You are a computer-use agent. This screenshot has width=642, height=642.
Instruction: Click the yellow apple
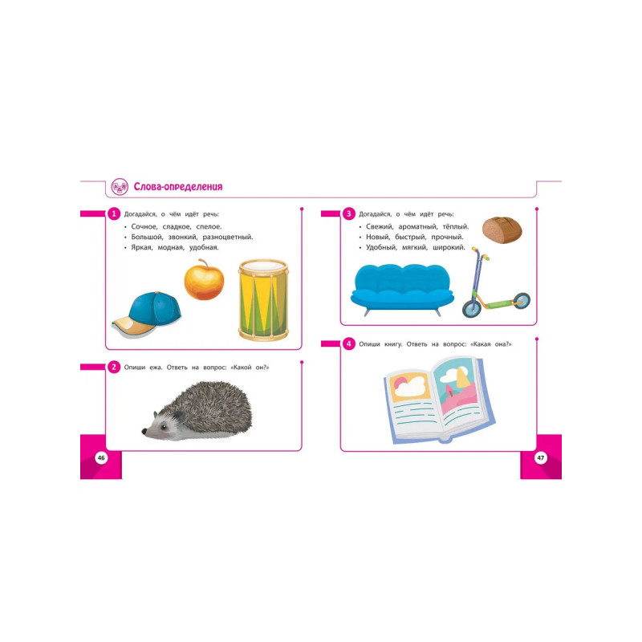coord(204,280)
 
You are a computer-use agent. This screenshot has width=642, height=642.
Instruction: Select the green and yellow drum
coord(264,300)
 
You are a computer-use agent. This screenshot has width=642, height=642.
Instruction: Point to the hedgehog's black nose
coord(144,431)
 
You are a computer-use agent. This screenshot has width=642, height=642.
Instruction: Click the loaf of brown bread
coord(502,230)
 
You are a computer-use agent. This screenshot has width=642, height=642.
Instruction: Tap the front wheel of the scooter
coord(471,308)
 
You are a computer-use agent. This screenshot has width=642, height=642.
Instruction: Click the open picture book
coord(439,399)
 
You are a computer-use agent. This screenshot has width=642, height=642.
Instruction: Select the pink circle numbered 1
coord(114,213)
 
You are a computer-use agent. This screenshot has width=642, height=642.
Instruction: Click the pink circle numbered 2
coord(114,367)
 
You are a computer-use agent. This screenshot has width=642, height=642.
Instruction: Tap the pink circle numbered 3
coord(349,213)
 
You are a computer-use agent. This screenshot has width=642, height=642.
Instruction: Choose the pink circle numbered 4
coord(349,344)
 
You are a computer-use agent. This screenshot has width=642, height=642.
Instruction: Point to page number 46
coord(101,457)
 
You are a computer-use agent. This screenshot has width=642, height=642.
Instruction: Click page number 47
coord(541,457)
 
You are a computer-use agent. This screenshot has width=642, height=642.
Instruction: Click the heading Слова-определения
coord(178,187)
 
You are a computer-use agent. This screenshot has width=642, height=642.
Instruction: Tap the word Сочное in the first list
coord(144,227)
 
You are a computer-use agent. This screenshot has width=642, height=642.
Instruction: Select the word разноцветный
coord(228,237)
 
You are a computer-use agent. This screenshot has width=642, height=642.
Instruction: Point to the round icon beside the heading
coord(120,187)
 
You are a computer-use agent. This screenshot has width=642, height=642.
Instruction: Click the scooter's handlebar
coord(480,254)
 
